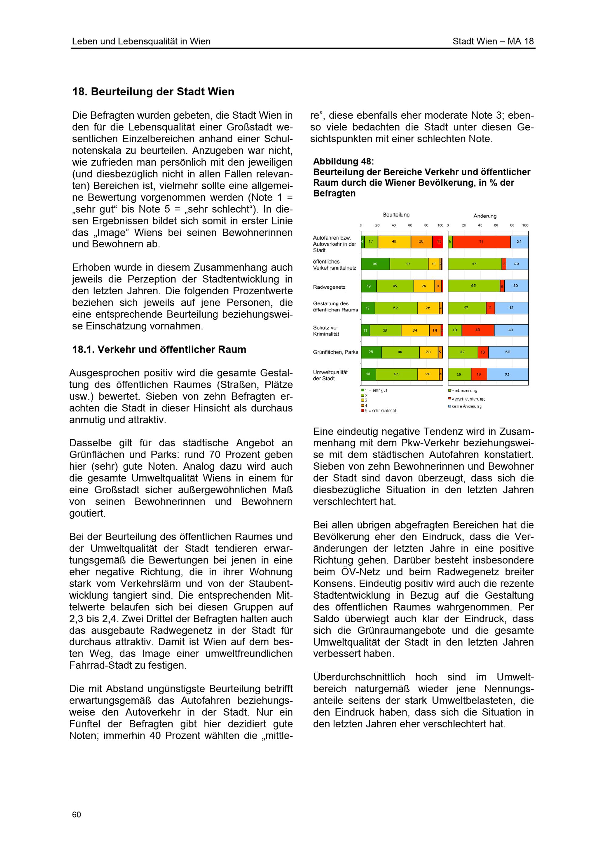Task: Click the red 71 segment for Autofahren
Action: [x=481, y=242]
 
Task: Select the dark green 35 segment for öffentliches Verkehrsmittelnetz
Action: [x=375, y=264]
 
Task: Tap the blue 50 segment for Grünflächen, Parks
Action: [x=508, y=352]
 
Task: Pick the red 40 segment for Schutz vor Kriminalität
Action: [x=478, y=330]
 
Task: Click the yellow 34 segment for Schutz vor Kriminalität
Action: [x=415, y=330]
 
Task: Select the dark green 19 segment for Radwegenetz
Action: [x=368, y=286]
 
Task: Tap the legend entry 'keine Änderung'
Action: [x=466, y=406]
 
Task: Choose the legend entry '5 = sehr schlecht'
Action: [x=380, y=411]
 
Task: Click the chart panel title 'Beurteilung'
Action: [x=396, y=215]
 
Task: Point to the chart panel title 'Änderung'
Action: [x=485, y=216]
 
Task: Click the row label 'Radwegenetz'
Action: [x=329, y=287]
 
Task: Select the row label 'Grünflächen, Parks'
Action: [x=335, y=352]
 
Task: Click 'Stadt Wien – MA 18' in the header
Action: [x=493, y=41]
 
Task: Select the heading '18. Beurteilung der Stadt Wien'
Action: [x=153, y=91]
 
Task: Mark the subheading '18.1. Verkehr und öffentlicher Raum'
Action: [x=159, y=349]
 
